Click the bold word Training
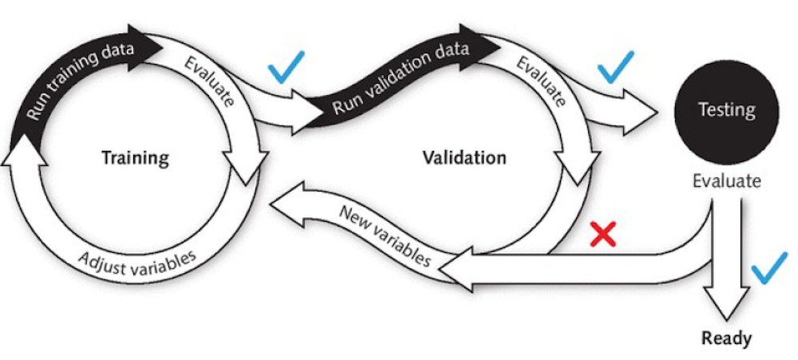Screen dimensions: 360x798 (x=136, y=157)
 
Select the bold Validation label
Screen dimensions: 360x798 (x=464, y=157)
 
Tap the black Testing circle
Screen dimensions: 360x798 (x=726, y=109)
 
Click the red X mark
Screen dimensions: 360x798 (x=602, y=234)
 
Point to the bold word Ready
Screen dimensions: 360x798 (x=726, y=338)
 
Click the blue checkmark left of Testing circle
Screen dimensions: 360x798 (x=616, y=67)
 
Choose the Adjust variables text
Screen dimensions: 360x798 (x=136, y=260)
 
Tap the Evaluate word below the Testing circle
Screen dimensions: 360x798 (x=726, y=181)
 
